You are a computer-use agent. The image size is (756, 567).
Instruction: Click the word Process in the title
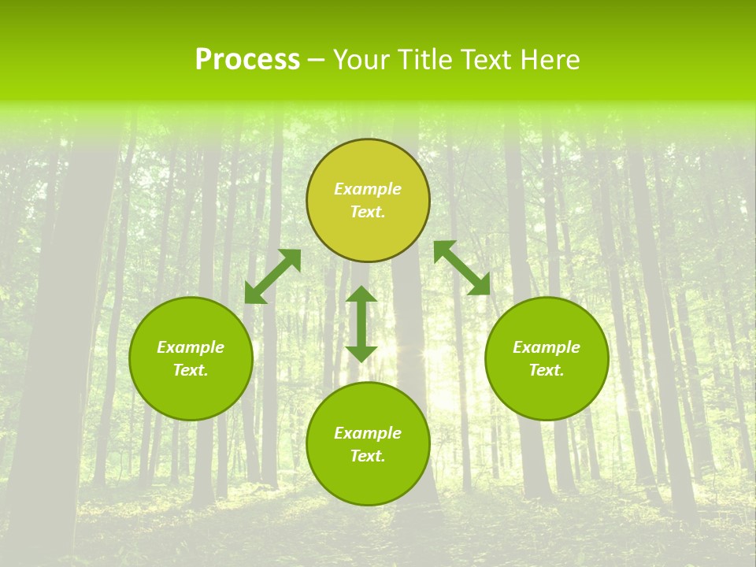(x=247, y=60)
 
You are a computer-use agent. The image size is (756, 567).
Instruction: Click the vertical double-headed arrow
(x=361, y=324)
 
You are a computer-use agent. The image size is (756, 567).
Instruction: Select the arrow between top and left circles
(x=272, y=276)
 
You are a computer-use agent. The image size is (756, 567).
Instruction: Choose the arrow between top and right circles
(x=461, y=268)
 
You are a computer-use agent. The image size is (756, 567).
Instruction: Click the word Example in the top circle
(x=368, y=189)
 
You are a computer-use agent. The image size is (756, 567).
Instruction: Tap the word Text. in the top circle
(x=368, y=212)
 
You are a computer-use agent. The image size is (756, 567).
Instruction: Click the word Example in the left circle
(x=191, y=347)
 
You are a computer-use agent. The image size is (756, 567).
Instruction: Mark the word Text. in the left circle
(x=191, y=370)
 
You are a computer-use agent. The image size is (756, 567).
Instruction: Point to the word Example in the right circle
(x=547, y=347)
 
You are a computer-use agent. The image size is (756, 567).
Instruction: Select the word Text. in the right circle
(x=547, y=370)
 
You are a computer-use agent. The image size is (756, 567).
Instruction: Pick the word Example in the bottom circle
(x=368, y=433)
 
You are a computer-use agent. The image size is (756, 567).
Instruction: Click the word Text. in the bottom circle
(x=368, y=456)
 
